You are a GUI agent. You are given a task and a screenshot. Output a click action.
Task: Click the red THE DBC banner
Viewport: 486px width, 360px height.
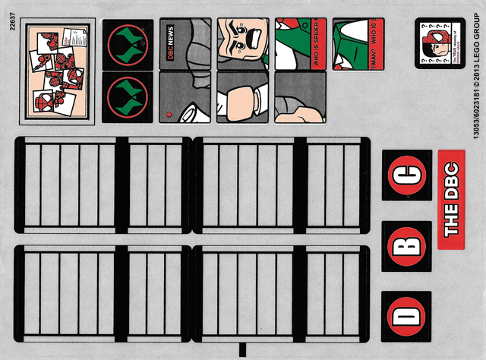click(451, 200)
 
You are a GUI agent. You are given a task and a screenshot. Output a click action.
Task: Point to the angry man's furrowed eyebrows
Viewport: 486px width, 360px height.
click(241, 36)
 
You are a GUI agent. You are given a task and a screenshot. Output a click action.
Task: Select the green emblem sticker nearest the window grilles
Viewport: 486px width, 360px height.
click(127, 97)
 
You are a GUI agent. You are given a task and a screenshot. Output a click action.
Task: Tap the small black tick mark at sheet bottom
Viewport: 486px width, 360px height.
click(241, 350)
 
